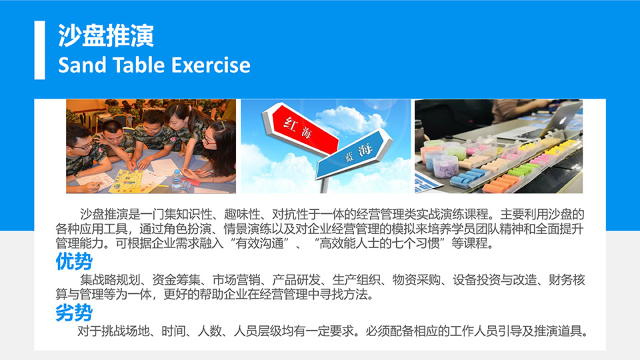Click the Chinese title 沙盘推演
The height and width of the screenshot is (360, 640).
[x=106, y=35]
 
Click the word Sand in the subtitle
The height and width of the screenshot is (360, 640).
[x=81, y=65]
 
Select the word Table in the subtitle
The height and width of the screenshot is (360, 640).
[x=138, y=65]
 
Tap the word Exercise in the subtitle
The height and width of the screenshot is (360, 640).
[x=211, y=65]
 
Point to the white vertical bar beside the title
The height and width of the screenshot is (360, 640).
[x=39, y=50]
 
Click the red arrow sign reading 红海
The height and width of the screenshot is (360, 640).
[x=302, y=127]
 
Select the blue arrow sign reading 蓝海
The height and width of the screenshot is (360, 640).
[x=354, y=154]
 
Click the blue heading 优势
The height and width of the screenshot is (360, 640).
[x=74, y=261]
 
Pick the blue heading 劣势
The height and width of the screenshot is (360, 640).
[x=74, y=313]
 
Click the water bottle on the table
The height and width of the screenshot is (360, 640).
[x=177, y=180]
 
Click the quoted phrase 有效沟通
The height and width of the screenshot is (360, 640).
[x=259, y=243]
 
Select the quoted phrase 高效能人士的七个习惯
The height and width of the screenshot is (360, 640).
[x=379, y=243]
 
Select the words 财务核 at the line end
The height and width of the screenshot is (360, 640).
[x=567, y=280]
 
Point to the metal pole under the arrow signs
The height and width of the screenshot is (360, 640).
[x=324, y=185]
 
